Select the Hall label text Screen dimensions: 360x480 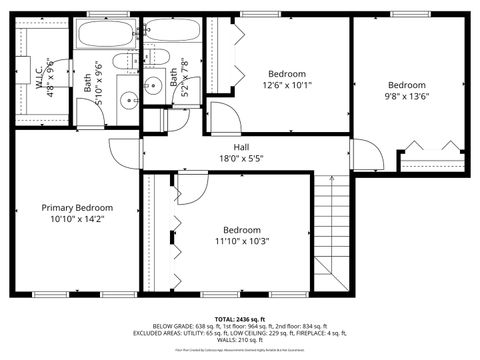coord(241,147)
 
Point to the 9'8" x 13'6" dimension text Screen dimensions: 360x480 coord(406,97)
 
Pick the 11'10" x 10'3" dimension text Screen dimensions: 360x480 coord(245,239)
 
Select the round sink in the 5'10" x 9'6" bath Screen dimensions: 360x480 coord(128,99)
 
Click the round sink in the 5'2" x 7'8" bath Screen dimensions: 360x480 coord(154,84)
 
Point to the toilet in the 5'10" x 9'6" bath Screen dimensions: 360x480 coord(122,63)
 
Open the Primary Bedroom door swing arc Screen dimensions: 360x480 coord(126,155)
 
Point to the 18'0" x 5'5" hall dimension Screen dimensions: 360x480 coord(241,158)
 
